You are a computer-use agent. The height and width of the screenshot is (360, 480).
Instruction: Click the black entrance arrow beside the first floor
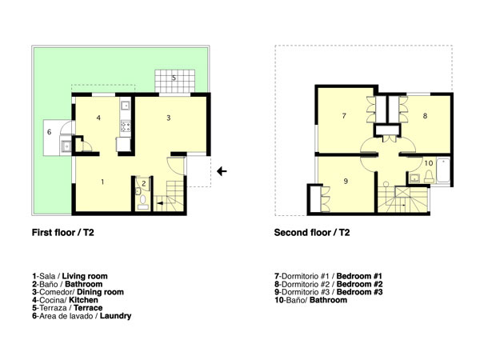click(x=222, y=171)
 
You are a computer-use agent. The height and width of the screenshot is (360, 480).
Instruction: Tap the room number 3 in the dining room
click(x=168, y=118)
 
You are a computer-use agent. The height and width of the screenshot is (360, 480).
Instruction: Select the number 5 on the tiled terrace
click(x=174, y=78)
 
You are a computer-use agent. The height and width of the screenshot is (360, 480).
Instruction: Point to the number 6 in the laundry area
click(x=50, y=132)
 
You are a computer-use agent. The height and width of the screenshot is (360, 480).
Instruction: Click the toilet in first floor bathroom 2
click(x=142, y=201)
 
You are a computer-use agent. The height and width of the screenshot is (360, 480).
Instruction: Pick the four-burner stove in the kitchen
click(x=126, y=126)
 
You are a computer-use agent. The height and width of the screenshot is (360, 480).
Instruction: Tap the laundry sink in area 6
click(x=66, y=146)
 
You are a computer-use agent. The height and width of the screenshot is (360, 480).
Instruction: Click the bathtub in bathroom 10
click(x=443, y=170)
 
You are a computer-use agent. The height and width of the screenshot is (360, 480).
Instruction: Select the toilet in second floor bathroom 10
click(x=429, y=177)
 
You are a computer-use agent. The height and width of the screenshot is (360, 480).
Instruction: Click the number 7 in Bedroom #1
click(x=344, y=116)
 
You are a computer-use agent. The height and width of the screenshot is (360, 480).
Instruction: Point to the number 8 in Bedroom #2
click(x=425, y=116)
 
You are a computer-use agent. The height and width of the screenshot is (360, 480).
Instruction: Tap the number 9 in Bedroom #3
click(x=346, y=182)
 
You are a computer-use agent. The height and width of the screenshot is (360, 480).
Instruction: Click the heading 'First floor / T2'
click(x=63, y=233)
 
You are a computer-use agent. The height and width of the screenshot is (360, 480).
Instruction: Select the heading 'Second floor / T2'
click(x=312, y=233)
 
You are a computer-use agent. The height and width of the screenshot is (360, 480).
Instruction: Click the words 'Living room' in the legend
click(x=85, y=276)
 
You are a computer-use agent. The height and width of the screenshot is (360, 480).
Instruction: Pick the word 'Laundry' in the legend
click(x=116, y=316)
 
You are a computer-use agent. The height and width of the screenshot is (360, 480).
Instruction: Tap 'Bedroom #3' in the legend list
click(x=360, y=292)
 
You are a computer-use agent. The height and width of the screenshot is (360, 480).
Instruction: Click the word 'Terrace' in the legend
click(x=88, y=308)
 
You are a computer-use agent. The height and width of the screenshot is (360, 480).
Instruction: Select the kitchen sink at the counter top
click(x=126, y=106)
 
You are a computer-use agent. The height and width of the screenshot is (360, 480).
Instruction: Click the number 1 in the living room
click(x=102, y=182)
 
